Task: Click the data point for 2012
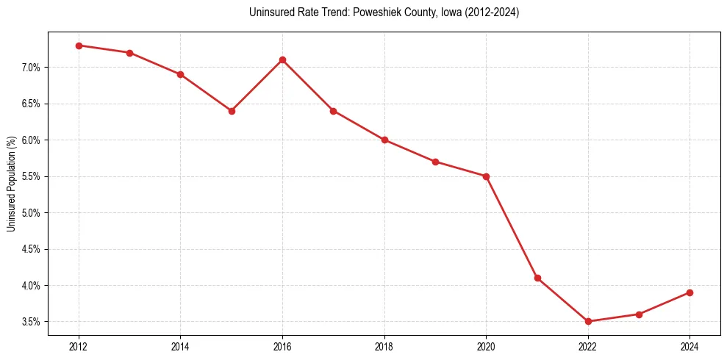pos(79,46)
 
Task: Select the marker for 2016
pos(282,60)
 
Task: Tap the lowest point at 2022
pos(588,321)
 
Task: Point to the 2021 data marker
pos(537,278)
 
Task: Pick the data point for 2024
pos(690,292)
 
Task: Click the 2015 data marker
pos(232,111)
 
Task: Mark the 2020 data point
pos(487,176)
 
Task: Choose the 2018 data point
pos(384,140)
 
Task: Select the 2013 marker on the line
pos(129,53)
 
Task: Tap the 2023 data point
pos(640,314)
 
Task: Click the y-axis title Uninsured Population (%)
pos(11,184)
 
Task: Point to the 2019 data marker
pos(435,162)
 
